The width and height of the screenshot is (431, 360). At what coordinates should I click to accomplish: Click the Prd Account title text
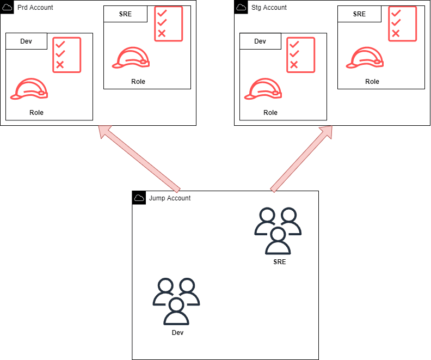click(35, 8)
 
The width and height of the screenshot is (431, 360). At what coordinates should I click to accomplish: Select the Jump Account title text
click(170, 198)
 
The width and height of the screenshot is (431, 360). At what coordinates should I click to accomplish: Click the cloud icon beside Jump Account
click(139, 198)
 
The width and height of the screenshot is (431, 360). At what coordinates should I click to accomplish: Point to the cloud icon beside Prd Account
click(7, 7)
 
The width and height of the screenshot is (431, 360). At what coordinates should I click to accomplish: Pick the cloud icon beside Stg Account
click(241, 7)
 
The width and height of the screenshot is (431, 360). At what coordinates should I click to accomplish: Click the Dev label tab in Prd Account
click(26, 41)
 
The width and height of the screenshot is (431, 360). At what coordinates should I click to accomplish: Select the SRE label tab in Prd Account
click(125, 14)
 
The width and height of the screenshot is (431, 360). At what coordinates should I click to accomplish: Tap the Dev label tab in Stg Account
click(260, 41)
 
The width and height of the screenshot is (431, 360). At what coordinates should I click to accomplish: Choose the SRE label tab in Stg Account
click(359, 14)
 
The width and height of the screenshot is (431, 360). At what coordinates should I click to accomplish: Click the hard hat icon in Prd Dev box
click(29, 89)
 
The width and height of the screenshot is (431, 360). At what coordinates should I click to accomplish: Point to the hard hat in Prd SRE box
click(131, 57)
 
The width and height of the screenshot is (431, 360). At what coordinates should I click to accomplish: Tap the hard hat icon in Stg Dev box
click(263, 89)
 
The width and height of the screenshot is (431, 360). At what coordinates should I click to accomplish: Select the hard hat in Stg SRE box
click(365, 57)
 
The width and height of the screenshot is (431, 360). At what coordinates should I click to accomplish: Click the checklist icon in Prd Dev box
click(66, 55)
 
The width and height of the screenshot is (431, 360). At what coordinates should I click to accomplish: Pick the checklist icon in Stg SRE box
click(402, 23)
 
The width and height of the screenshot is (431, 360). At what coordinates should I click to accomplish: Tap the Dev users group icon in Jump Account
click(176, 301)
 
